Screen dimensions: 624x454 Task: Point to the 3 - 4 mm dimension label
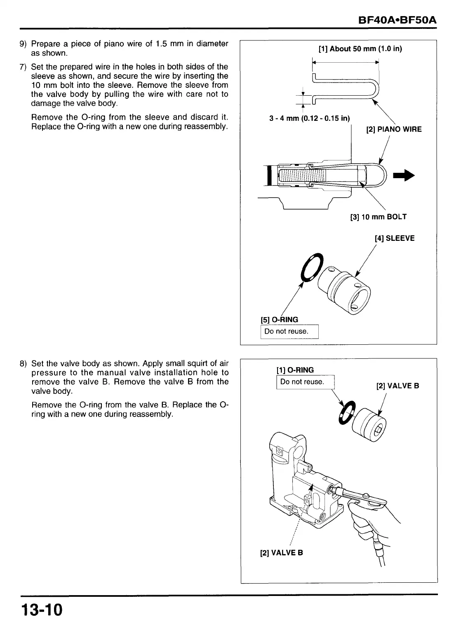tap(309, 119)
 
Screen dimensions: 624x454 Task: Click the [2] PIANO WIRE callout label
tap(394, 130)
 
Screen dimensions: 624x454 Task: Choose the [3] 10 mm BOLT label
tap(378, 217)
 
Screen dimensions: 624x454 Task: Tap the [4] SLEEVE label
tap(394, 238)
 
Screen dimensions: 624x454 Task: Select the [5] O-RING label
tap(279, 320)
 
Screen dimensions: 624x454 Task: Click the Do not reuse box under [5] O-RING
tap(289, 332)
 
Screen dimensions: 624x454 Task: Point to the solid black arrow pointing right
tap(403, 175)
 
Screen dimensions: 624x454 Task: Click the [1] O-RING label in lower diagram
tap(295, 370)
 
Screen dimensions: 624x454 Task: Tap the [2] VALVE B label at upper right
tap(398, 386)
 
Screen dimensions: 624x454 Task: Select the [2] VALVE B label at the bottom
tap(281, 553)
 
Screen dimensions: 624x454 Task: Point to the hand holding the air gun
tap(367, 522)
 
